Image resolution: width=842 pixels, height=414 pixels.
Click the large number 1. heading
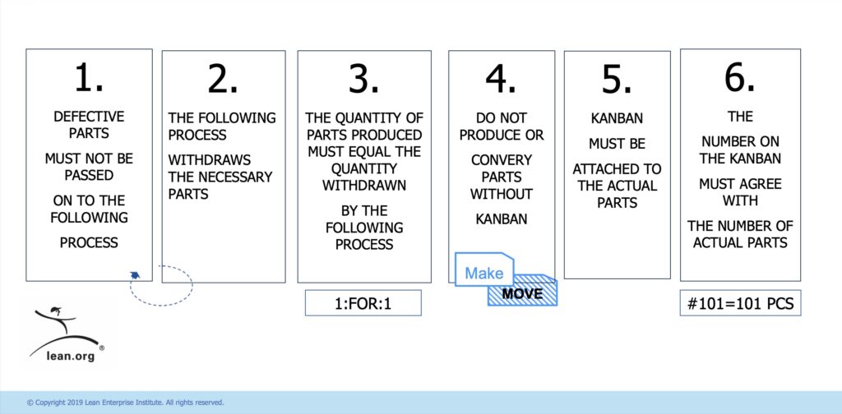88,79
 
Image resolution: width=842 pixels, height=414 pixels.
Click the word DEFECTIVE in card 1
88,117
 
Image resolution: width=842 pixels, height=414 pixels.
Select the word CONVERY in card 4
502,159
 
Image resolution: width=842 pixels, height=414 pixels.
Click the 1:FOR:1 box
363,302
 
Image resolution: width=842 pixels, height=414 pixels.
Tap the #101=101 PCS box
740,302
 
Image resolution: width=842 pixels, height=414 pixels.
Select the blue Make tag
483,273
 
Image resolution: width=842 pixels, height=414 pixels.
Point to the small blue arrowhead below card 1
134,276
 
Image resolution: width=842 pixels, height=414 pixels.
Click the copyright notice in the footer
125,402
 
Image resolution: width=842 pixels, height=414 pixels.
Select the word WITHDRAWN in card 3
363,186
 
